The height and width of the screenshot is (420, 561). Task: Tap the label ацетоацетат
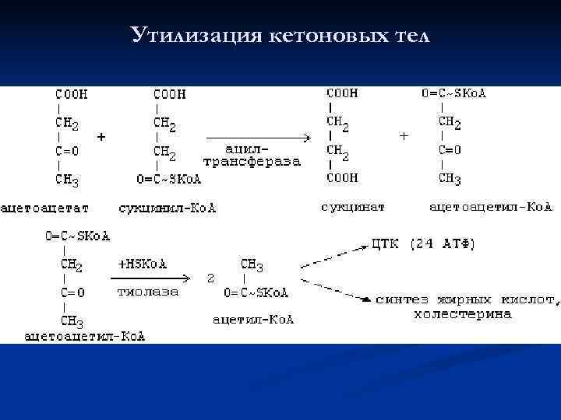click(x=45, y=208)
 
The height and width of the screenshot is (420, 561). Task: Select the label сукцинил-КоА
click(x=168, y=208)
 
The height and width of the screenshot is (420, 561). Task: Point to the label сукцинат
click(x=352, y=207)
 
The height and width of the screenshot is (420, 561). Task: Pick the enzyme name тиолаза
click(x=147, y=292)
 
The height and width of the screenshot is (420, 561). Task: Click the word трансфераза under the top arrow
click(x=251, y=162)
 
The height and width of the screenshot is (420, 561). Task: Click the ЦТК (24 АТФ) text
click(x=424, y=244)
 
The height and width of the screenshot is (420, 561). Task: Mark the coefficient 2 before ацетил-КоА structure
click(x=210, y=277)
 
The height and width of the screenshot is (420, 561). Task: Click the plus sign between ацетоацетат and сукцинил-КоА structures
click(x=101, y=135)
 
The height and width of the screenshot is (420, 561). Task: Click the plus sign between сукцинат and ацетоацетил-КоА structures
click(x=403, y=135)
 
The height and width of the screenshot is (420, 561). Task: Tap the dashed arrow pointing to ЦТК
click(x=335, y=256)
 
